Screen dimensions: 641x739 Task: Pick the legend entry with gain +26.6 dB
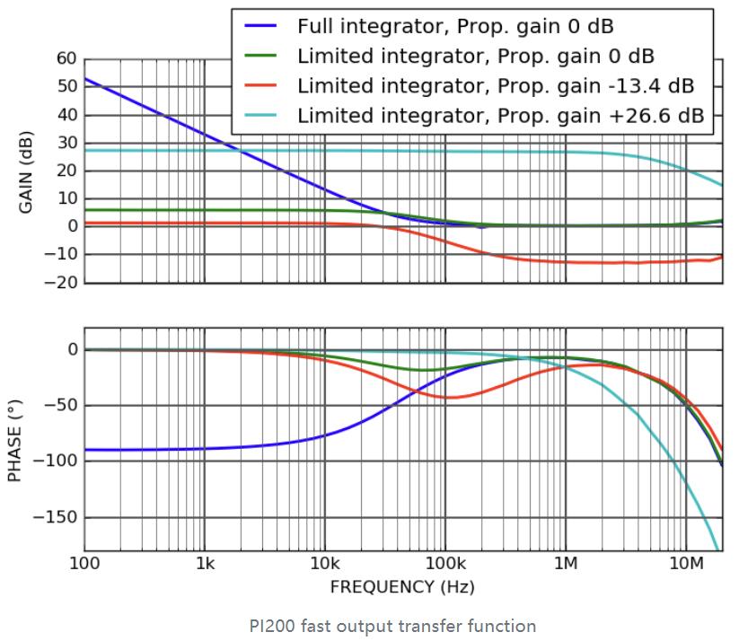(499, 115)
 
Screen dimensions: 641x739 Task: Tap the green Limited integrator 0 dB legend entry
(475, 56)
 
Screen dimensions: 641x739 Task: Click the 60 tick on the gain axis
(66, 58)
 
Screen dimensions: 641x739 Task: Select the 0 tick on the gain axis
(72, 227)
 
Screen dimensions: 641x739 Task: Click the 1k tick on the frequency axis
(205, 564)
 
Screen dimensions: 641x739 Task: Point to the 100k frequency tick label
(444, 564)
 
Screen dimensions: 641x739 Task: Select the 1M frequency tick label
(566, 564)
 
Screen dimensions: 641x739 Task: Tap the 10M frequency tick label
(686, 564)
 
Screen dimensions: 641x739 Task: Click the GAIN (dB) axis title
(26, 171)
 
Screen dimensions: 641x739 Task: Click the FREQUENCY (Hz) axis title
(402, 587)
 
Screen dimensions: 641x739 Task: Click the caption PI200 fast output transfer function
(392, 626)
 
